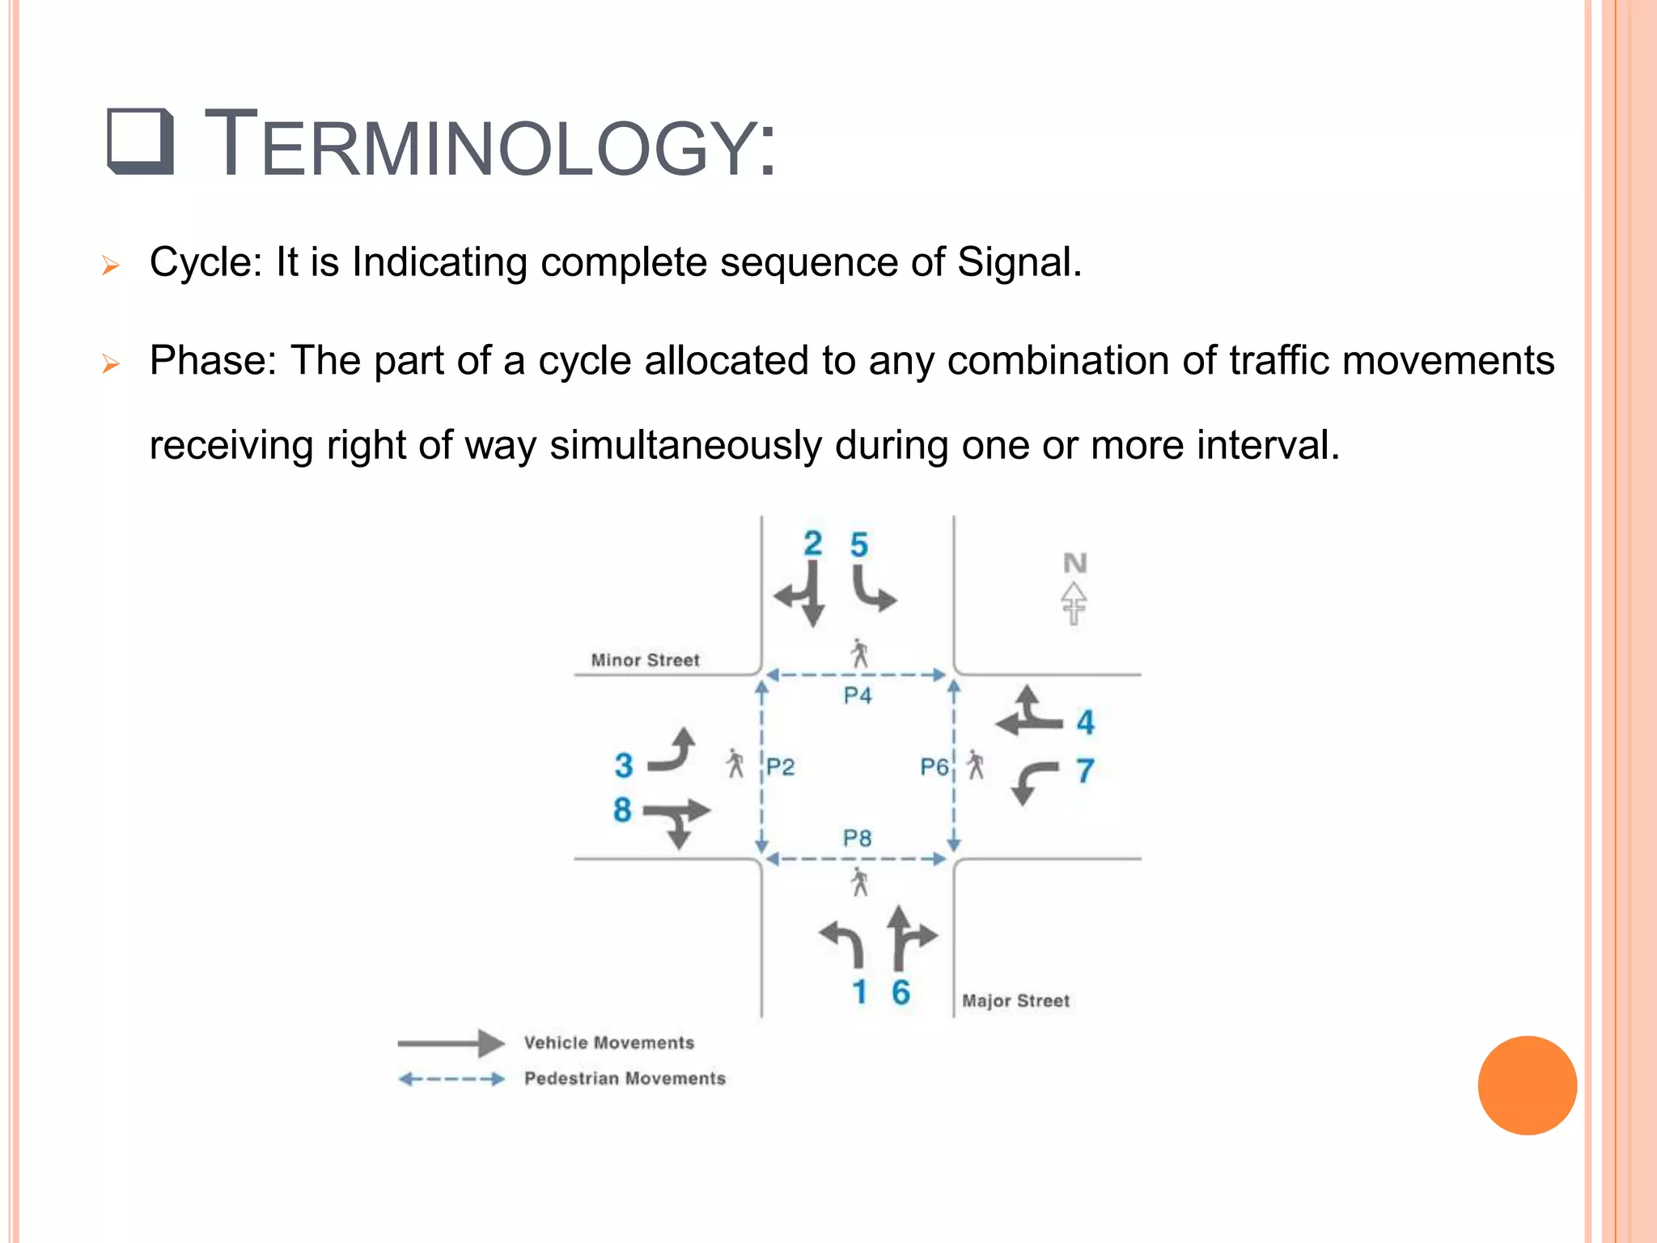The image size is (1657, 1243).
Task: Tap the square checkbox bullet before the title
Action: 140,142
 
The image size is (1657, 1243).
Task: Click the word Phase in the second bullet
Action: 208,361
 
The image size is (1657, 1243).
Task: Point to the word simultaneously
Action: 685,446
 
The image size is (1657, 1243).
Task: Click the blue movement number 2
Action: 812,543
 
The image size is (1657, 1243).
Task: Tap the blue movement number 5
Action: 858,545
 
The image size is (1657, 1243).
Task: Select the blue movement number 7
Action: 1085,770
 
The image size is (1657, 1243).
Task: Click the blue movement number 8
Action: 621,809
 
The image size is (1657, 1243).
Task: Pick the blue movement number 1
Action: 859,992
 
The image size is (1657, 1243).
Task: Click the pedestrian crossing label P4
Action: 858,695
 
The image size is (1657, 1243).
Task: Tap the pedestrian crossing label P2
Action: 781,766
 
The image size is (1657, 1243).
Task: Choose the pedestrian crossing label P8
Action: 858,838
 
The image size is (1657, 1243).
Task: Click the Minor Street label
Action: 645,660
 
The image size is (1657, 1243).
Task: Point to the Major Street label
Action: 1015,1001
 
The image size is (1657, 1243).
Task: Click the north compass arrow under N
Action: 1074,603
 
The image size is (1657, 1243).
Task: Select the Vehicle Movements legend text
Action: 608,1043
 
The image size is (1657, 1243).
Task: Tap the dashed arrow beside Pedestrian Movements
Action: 451,1079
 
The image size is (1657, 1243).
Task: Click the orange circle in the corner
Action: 1527,1085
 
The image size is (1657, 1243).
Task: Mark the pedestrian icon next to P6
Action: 977,765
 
